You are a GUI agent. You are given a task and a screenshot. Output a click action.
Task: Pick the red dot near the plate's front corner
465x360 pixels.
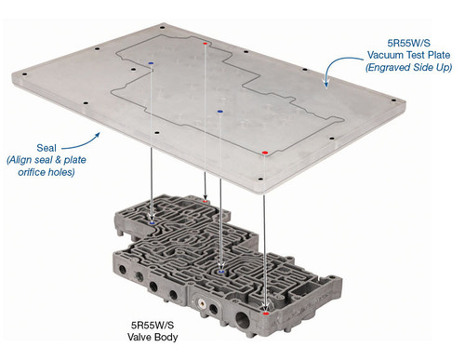click(x=265, y=151)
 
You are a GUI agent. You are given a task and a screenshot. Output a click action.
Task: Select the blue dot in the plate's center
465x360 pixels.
click(x=219, y=111)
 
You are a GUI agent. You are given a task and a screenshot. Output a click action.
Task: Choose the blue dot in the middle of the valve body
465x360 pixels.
click(x=220, y=271)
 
